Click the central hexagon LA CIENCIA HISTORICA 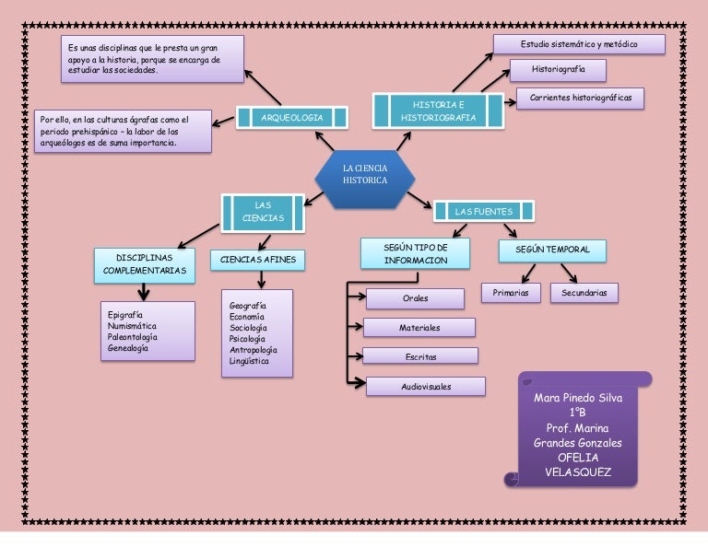(365, 175)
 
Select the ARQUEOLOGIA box (291, 118)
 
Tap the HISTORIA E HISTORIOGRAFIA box (438, 111)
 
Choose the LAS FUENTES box (483, 212)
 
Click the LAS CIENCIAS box (263, 212)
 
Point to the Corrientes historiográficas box (580, 98)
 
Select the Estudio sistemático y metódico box (579, 44)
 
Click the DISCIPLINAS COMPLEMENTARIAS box (144, 264)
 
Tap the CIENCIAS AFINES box (258, 261)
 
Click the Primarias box (510, 293)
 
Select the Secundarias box (584, 293)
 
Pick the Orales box (415, 299)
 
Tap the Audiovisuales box (425, 387)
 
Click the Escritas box (419, 356)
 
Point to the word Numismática (132, 326)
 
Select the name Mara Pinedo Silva (578, 399)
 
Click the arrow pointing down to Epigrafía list (143, 292)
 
